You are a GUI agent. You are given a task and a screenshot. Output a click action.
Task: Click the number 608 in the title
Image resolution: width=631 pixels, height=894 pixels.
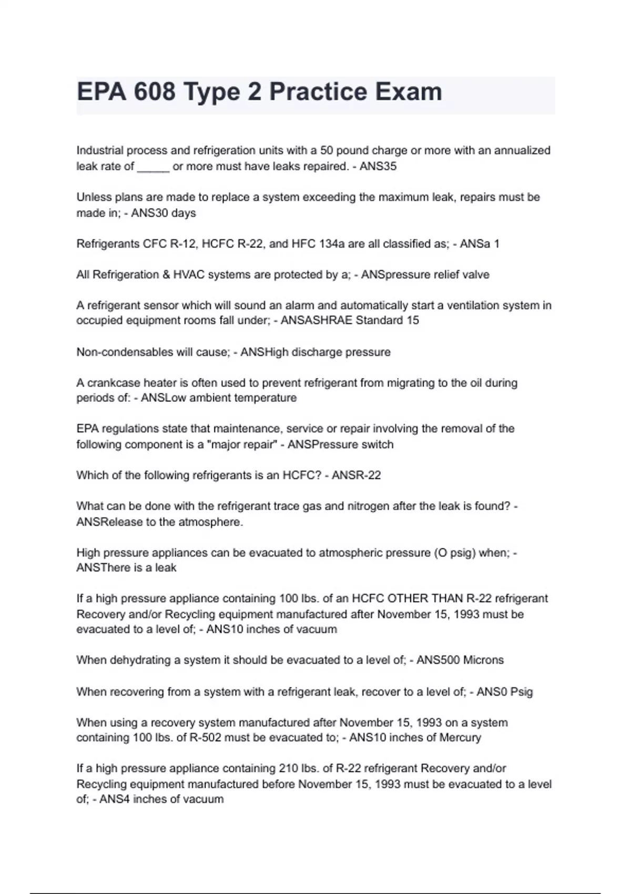[154, 92]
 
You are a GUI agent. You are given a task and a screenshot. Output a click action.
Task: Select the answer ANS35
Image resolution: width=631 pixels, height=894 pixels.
[378, 167]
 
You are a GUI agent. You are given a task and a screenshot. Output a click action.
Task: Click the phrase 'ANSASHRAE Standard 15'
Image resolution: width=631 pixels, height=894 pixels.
[350, 320]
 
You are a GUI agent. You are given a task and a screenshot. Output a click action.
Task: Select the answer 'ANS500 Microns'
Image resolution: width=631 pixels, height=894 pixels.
[460, 660]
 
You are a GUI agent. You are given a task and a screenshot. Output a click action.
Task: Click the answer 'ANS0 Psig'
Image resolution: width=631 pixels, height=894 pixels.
[505, 692]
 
